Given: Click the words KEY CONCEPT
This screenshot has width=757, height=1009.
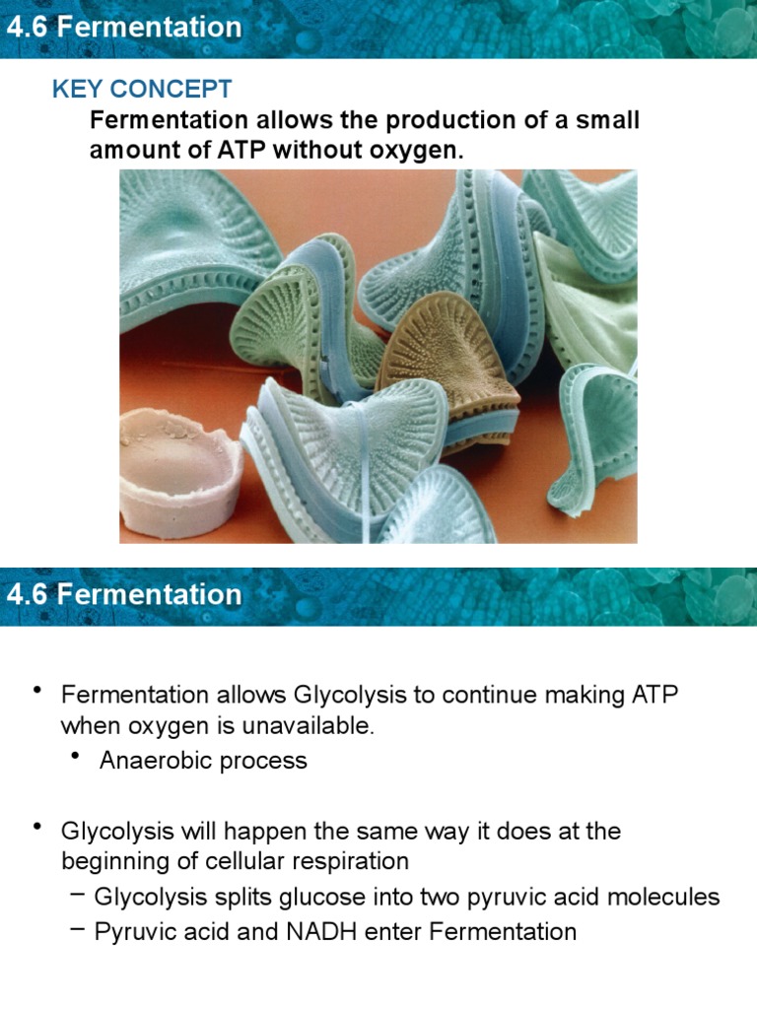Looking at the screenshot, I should [142, 89].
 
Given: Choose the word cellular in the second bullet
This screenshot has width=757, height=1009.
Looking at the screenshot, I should [252, 860].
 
